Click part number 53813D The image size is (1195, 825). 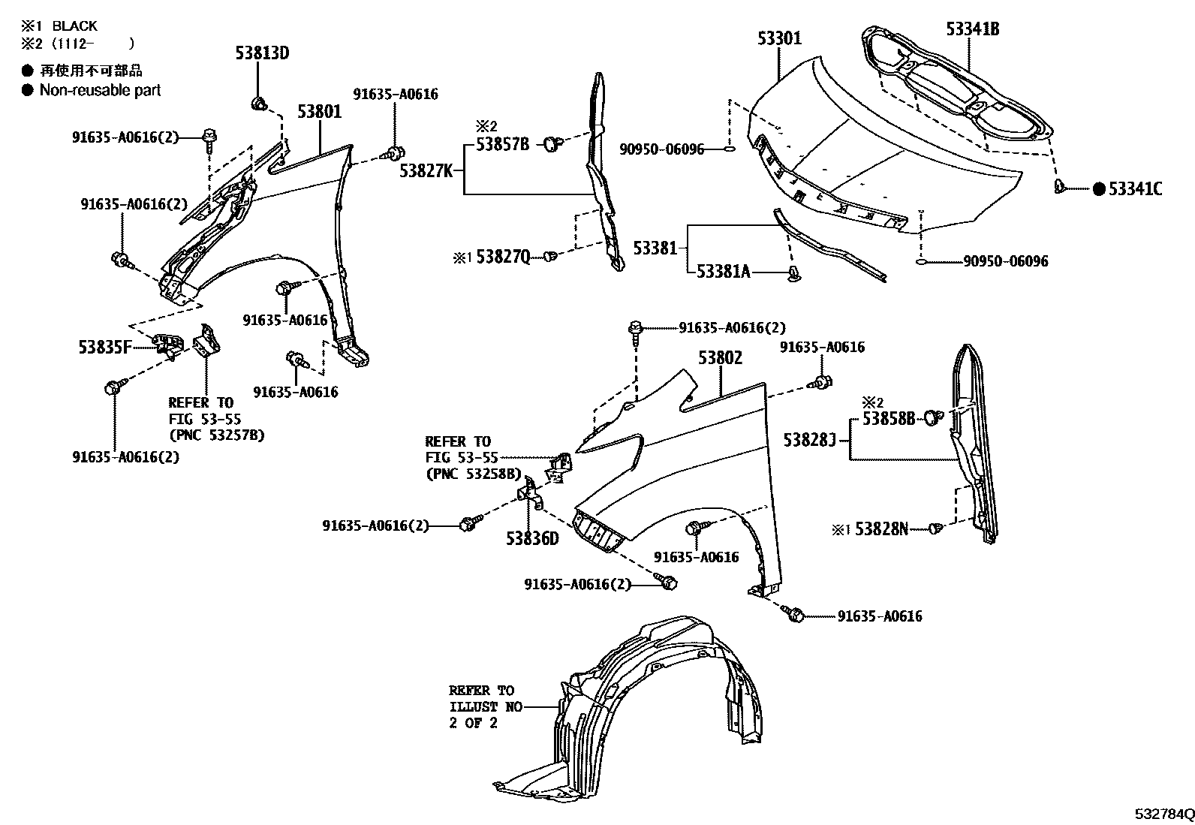pyautogui.click(x=262, y=53)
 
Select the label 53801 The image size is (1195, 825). pyautogui.click(x=319, y=112)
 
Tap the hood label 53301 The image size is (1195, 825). pyautogui.click(x=779, y=38)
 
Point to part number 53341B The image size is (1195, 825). pyautogui.click(x=972, y=29)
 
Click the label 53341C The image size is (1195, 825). pyautogui.click(x=1135, y=189)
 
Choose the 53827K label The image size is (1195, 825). pyautogui.click(x=426, y=171)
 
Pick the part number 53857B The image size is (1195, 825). pyautogui.click(x=502, y=144)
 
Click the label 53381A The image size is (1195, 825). pyautogui.click(x=723, y=271)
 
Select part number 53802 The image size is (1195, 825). pyautogui.click(x=720, y=358)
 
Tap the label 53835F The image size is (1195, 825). pyautogui.click(x=105, y=347)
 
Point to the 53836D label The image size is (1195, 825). pyautogui.click(x=532, y=538)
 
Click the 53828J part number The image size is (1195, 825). pyautogui.click(x=809, y=440)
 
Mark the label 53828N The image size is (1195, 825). pyautogui.click(x=881, y=529)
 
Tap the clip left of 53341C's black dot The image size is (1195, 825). pyautogui.click(x=1060, y=186)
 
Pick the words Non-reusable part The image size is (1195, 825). pyautogui.click(x=100, y=90)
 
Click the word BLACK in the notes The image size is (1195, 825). pyautogui.click(x=74, y=26)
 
